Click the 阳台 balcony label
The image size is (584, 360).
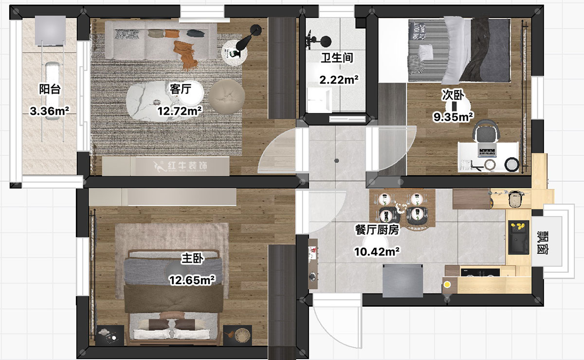tap(49, 90)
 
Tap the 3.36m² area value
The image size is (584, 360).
tap(49, 111)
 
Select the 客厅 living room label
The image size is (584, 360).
tap(180, 89)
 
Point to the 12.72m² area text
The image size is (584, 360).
tap(180, 111)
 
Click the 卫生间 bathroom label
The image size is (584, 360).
tap(336, 58)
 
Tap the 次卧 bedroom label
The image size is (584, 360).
tap(452, 94)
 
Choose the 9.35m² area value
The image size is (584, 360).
tap(454, 117)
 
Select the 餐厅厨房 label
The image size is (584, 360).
tap(378, 230)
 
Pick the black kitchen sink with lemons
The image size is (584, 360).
tap(519, 237)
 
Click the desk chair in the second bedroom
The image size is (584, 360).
tap(487, 133)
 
